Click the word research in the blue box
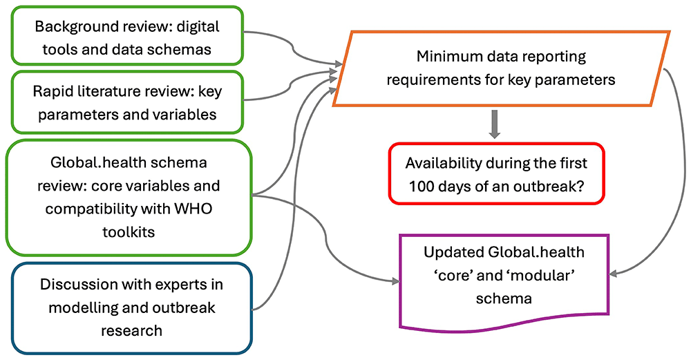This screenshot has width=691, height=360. (131, 330)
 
